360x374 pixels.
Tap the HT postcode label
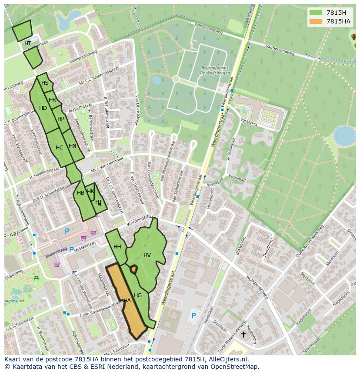click(27, 43)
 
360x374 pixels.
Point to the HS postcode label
click(45, 83)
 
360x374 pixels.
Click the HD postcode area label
click(43, 108)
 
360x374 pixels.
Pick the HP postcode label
click(61, 119)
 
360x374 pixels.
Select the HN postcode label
click(72, 146)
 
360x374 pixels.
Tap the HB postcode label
click(80, 193)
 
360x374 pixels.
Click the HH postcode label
click(117, 247)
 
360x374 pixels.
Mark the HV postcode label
click(147, 255)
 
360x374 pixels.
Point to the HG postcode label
click(138, 295)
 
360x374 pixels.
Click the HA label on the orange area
click(127, 301)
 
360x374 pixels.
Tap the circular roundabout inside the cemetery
click(176, 79)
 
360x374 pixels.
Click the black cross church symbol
click(243, 334)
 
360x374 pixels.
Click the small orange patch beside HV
click(133, 269)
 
